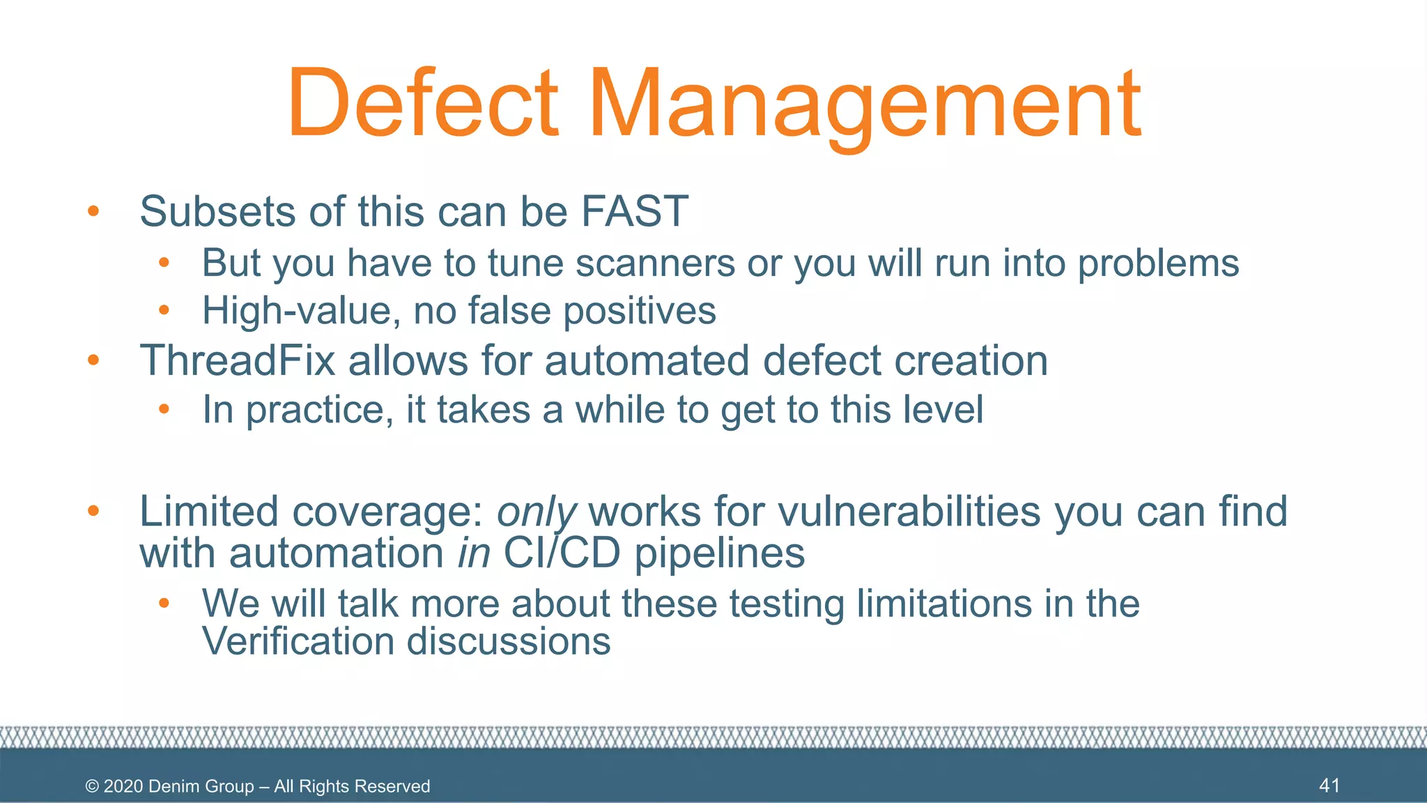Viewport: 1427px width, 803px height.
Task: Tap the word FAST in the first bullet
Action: pos(634,211)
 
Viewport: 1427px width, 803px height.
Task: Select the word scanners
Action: pos(655,263)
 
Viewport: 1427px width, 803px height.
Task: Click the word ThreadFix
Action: pos(238,361)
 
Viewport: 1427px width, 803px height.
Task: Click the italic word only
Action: pos(536,512)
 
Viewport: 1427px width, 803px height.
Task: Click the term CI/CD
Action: pos(562,553)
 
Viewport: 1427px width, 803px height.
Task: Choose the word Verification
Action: pos(298,641)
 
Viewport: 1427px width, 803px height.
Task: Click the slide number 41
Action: pos(1329,786)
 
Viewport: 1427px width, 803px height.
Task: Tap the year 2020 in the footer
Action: pos(123,786)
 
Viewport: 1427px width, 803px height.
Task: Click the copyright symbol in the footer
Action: pos(92,786)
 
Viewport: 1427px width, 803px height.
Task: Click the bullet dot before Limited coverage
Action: pos(93,511)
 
